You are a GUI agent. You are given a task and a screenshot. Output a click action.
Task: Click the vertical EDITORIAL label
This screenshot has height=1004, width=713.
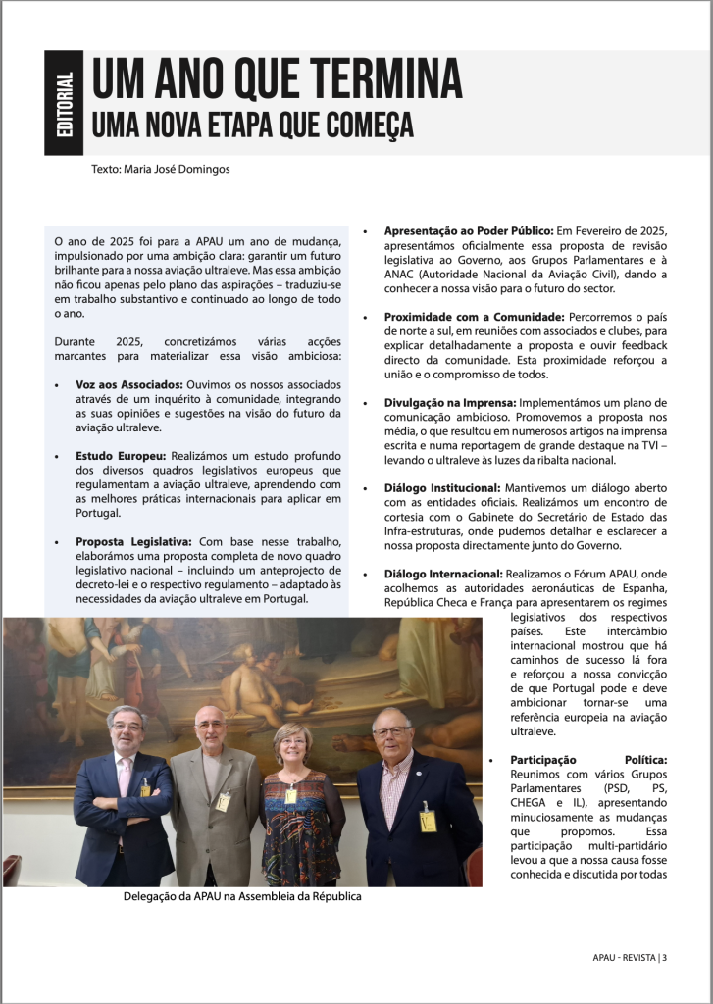tap(64, 103)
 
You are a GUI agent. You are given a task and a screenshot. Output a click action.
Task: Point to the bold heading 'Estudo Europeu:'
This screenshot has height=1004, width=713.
tap(121, 456)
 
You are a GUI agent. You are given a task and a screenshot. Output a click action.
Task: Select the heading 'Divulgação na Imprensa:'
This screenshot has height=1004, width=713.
tap(448, 403)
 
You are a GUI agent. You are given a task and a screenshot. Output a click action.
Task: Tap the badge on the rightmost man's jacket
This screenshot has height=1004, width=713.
tap(428, 821)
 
